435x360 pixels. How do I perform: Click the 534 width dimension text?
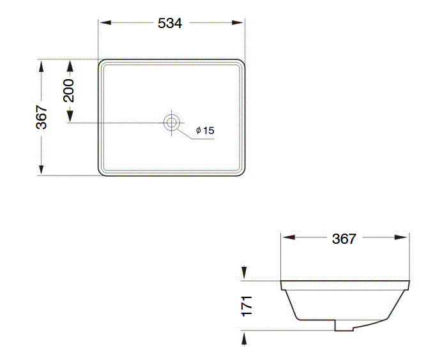(x=170, y=23)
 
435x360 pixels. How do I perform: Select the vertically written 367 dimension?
(x=42, y=117)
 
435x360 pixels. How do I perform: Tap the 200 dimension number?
(x=69, y=91)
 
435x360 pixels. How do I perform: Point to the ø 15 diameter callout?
(x=204, y=130)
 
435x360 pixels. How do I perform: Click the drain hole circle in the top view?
(x=171, y=122)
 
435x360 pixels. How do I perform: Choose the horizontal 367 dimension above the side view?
(x=344, y=239)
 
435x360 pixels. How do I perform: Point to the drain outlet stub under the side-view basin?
(x=344, y=326)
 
